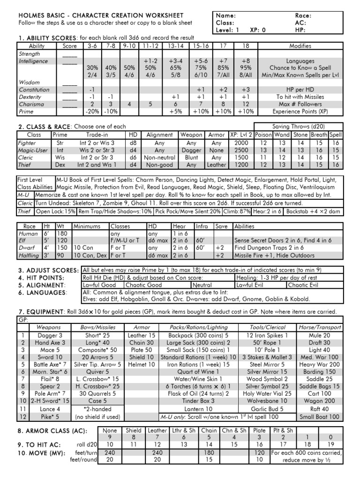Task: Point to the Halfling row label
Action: click(28, 255)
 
